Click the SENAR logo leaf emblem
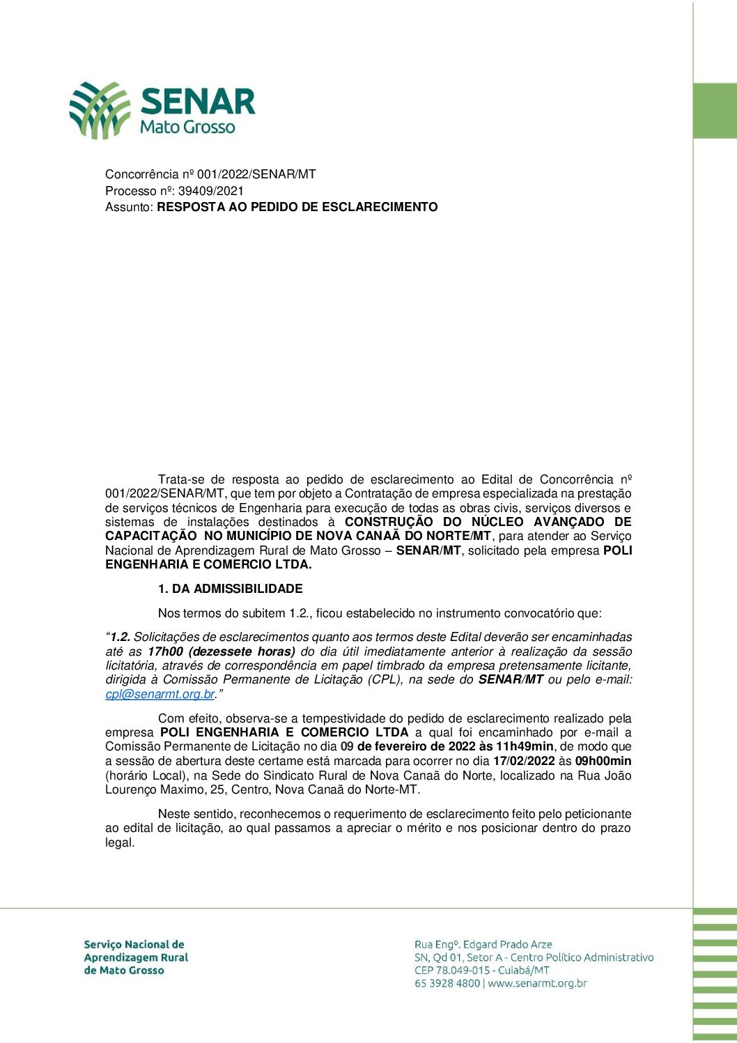click(99, 109)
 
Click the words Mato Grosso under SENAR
click(187, 127)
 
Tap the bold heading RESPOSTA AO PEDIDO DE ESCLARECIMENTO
click(297, 207)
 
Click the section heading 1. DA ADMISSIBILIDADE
click(230, 589)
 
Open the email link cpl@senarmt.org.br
click(160, 694)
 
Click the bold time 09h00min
click(603, 761)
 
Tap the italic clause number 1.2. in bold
click(121, 637)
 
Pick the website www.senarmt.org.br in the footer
click(537, 984)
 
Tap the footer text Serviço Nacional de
click(134, 945)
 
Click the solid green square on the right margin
click(715, 111)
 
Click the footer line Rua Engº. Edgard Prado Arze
click(483, 945)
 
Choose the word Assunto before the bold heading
click(128, 207)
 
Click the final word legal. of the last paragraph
click(120, 842)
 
